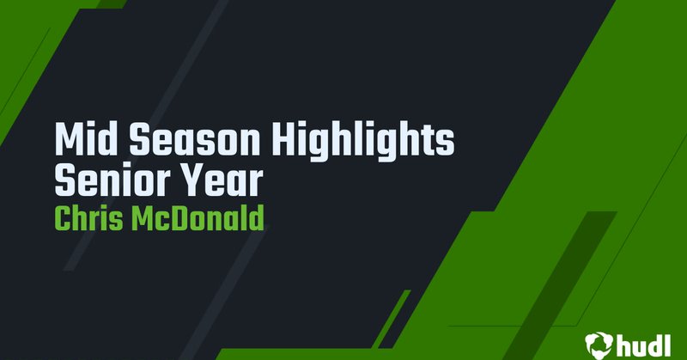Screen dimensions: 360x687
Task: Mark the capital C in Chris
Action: click(x=63, y=217)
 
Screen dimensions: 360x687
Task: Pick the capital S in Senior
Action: click(x=65, y=180)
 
